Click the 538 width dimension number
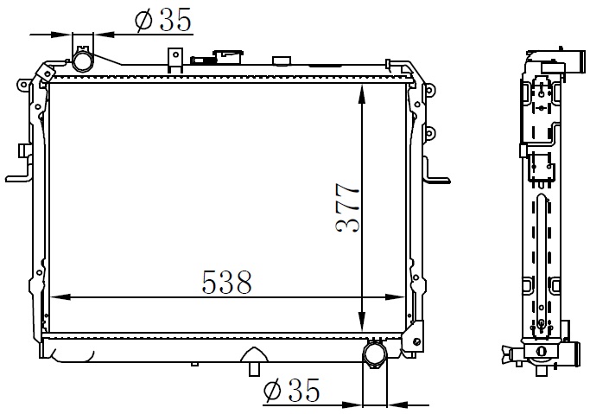pos(226,282)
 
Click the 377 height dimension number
pos(347,207)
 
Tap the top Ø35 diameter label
pos(163,20)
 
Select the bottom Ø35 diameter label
pos(292,390)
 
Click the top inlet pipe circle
pos(82,61)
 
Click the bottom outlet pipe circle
pos(375,354)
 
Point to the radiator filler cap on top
pos(228,57)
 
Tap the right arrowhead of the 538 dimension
pos(395,297)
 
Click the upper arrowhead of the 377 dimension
pos(362,93)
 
